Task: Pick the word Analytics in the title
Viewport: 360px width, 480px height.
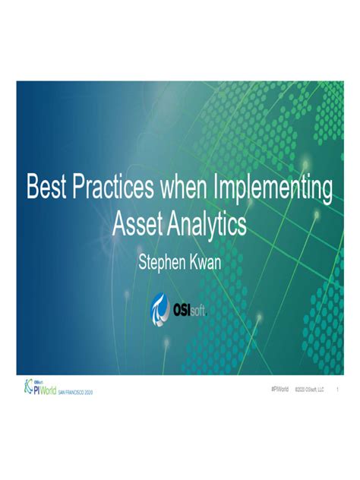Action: pyautogui.click(x=207, y=224)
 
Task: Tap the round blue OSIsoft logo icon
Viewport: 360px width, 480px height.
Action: pyautogui.click(x=162, y=308)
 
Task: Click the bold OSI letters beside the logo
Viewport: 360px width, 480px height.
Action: pyautogui.click(x=185, y=308)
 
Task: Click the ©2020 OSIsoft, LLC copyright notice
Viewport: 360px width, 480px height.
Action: pyautogui.click(x=310, y=389)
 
